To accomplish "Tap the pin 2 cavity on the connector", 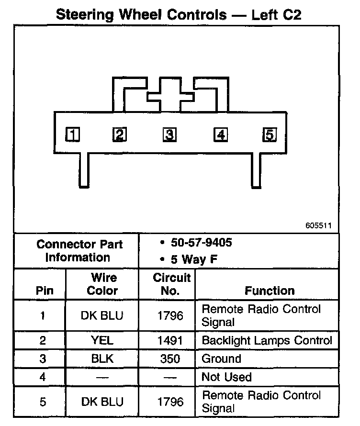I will point(119,135).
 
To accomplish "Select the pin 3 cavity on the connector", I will point(169,135).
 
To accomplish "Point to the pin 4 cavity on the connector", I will point(220,135).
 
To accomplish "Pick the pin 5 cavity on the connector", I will point(270,135).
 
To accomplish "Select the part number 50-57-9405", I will point(201,243).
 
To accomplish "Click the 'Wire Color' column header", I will point(103,284).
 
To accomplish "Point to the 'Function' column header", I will point(270,291).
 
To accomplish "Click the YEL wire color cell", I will point(102,341).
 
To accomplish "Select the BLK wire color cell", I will point(102,359).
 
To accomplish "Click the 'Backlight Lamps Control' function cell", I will point(267,341).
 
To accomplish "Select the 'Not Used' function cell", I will point(226,377).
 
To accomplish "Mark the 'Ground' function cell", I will point(221,359).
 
